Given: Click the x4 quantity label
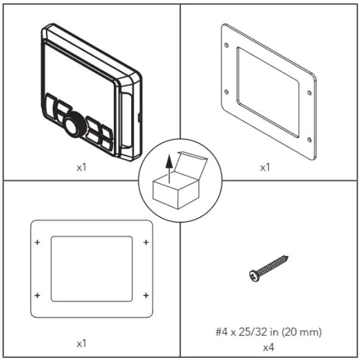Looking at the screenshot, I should click(x=269, y=346).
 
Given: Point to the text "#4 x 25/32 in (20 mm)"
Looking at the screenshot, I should click(x=269, y=331).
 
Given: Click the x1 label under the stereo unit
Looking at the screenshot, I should click(x=82, y=168).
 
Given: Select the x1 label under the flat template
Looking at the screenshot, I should click(x=82, y=344).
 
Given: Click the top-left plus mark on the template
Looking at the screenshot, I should click(x=38, y=242).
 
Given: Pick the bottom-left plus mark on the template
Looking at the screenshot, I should click(x=38, y=295).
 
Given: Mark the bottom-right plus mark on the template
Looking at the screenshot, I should click(x=146, y=295).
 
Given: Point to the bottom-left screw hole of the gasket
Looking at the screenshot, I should click(x=226, y=91).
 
